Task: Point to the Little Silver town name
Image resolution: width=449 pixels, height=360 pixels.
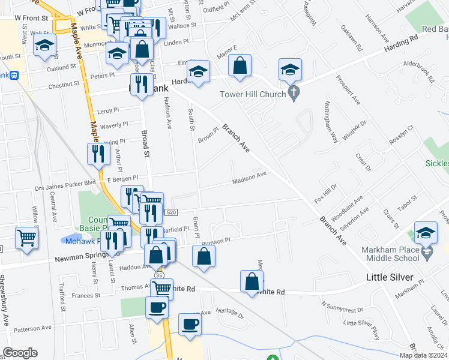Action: coord(391,277)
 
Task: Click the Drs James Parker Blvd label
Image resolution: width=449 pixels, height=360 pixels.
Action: coord(65,182)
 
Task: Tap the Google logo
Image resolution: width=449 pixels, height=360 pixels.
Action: coord(20,353)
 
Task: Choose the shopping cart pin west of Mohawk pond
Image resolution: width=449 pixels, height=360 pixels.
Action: coord(27,238)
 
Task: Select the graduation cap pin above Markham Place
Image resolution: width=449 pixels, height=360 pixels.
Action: coord(426,233)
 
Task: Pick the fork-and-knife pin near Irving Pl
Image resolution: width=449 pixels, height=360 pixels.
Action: coord(98,154)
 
